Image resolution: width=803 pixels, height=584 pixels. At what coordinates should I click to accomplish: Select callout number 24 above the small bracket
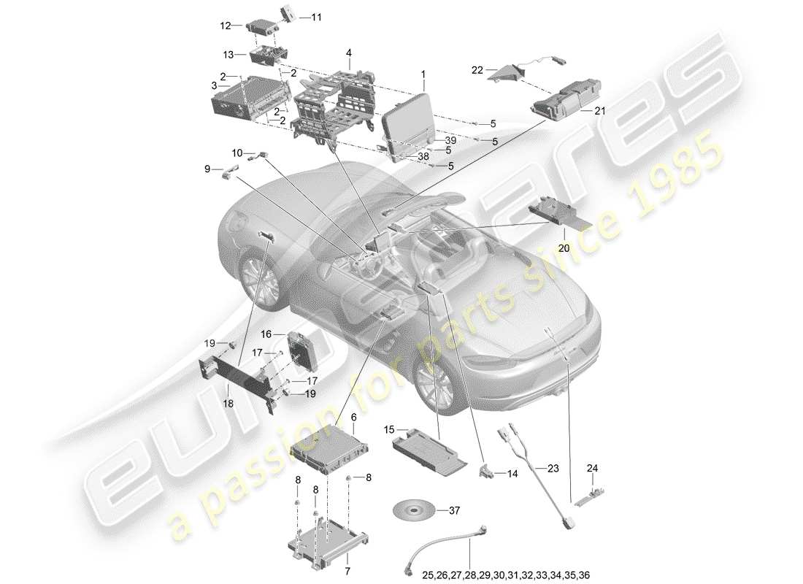click(592, 468)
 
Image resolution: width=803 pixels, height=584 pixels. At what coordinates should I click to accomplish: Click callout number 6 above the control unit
click(353, 417)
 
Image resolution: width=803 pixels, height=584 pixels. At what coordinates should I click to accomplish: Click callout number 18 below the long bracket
click(228, 402)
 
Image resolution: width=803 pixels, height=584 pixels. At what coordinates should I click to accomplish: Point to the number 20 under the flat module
click(564, 248)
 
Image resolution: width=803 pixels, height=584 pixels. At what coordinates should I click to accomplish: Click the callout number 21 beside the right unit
click(600, 111)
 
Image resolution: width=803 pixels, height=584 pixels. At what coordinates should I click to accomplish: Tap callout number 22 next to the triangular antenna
click(477, 70)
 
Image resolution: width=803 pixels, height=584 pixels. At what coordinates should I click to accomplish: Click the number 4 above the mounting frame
click(349, 53)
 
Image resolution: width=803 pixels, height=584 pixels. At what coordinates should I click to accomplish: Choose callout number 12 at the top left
click(226, 26)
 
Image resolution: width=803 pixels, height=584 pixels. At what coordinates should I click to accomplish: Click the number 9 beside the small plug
click(207, 169)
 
